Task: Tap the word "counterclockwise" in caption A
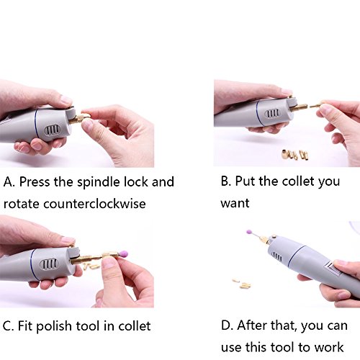(x=94, y=204)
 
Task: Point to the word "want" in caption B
(x=235, y=203)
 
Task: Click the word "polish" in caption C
(x=54, y=326)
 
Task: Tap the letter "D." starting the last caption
(x=227, y=325)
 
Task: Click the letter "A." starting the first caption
(x=9, y=182)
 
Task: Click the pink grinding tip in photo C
(x=124, y=254)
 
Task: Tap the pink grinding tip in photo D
(x=249, y=232)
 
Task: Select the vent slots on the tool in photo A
(x=53, y=130)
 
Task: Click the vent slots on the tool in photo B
(x=273, y=113)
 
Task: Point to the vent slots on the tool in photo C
(x=48, y=264)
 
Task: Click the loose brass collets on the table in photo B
(x=295, y=154)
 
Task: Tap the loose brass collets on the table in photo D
(x=242, y=283)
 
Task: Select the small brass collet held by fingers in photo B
(x=315, y=105)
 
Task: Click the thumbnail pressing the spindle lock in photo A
(x=66, y=100)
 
